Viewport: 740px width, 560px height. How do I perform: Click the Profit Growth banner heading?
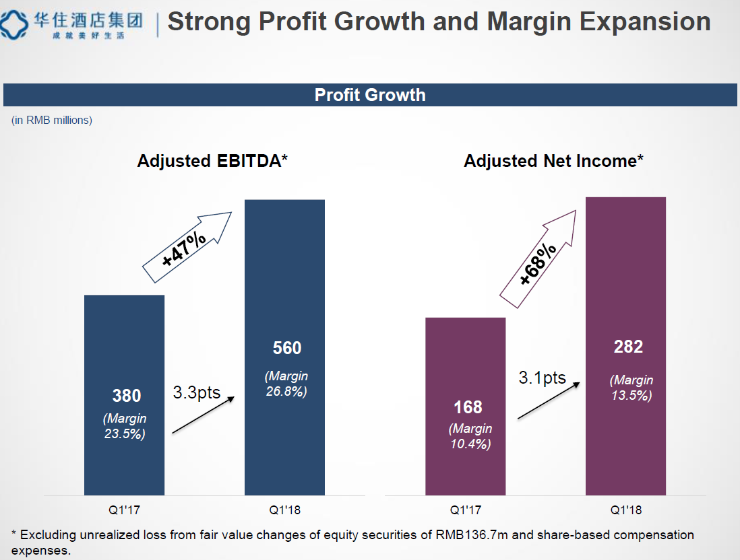pos(370,95)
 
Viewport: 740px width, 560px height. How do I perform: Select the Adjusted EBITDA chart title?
pos(212,161)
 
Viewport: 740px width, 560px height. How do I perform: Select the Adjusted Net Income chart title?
pos(553,161)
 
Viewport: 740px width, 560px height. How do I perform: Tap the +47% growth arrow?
pos(186,248)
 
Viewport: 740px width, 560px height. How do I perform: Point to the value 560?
pos(287,348)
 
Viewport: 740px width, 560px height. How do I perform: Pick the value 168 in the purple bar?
pos(468,407)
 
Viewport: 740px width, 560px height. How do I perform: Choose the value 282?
pos(628,347)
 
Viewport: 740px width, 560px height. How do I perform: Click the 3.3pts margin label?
pos(197,392)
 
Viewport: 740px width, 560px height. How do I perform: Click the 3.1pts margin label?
pos(542,378)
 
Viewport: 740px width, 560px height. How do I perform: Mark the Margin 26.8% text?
pos(286,384)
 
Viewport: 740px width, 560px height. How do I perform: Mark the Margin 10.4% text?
pos(470,436)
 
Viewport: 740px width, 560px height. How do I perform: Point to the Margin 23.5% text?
pos(125,426)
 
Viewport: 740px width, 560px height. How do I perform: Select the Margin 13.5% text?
pos(631,388)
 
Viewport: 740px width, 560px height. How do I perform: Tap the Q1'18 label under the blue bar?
pos(284,510)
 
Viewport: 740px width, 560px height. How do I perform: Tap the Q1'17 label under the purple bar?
pos(466,510)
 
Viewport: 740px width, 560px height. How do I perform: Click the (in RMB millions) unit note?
pos(52,120)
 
